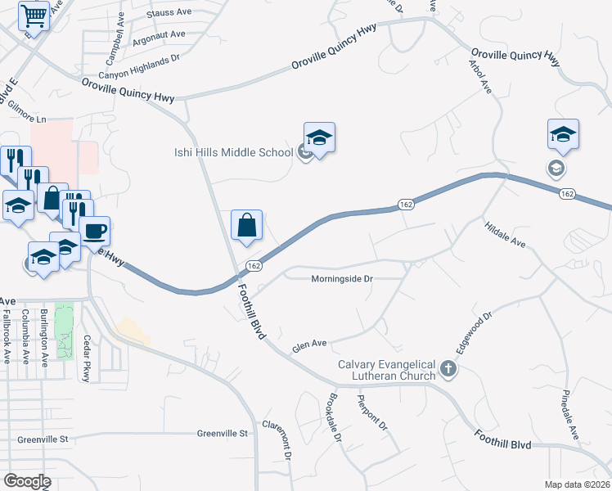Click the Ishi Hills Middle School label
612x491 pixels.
233,152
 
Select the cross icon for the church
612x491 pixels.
448,370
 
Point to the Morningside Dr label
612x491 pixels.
342,279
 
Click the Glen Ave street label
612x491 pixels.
309,344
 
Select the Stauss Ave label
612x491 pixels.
168,14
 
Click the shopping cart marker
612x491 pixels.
34,15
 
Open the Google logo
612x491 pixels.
27,481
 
